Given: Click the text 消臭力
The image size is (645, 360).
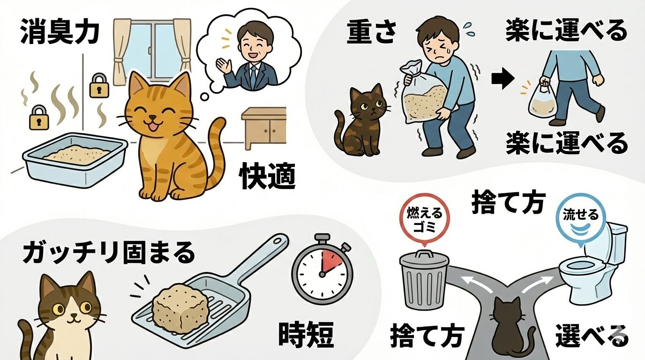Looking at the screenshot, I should click(60, 32).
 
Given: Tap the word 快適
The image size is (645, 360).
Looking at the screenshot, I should click(268, 177).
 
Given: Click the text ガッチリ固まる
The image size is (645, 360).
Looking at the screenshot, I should click(109, 254).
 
